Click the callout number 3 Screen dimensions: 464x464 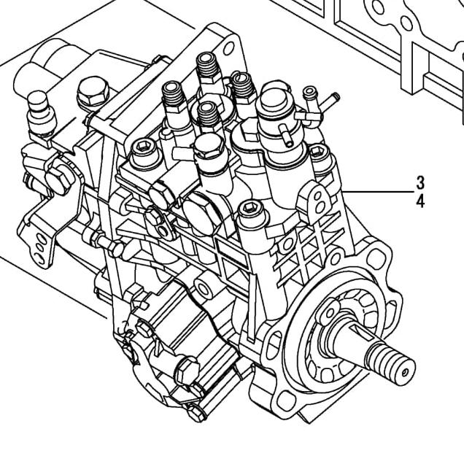[420, 182]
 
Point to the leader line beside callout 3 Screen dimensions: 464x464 [379, 191]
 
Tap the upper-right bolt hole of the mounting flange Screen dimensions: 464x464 [376, 257]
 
